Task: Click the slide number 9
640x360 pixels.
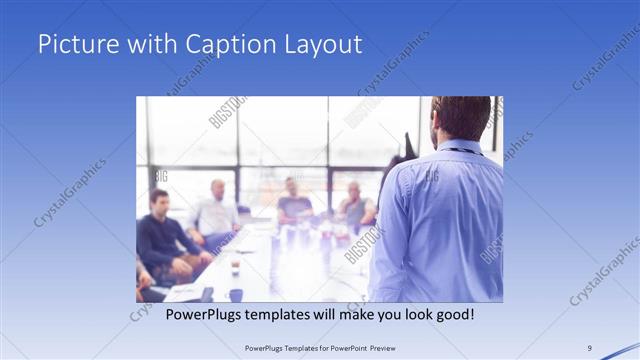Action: [x=589, y=348]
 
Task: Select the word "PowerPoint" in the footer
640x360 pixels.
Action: [x=343, y=348]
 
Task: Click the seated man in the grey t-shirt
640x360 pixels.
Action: [x=294, y=205]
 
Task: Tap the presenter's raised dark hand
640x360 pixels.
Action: [x=407, y=145]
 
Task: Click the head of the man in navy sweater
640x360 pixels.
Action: [x=159, y=200]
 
